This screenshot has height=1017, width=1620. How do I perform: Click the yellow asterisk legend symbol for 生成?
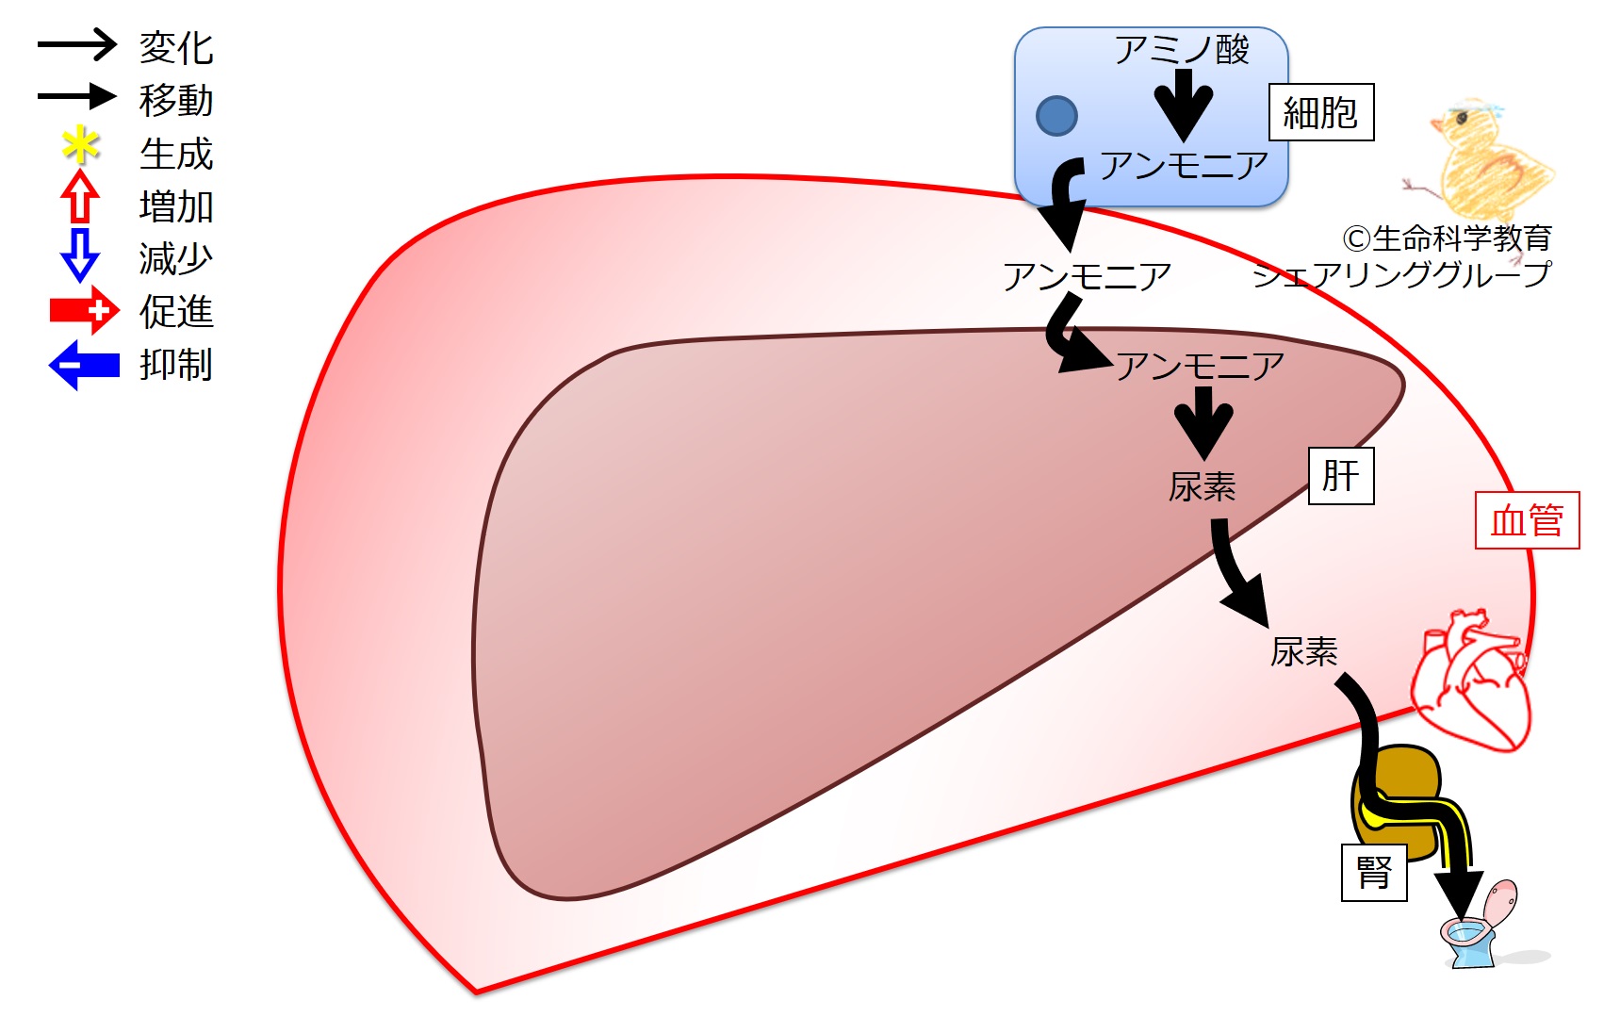[80, 147]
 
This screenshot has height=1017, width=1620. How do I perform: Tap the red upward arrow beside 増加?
[80, 197]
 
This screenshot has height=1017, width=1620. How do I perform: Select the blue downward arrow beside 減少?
[80, 254]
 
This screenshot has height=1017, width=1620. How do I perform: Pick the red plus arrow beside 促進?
[85, 311]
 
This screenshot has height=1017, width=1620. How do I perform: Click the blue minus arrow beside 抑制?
[84, 365]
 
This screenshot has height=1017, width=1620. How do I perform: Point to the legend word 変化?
[176, 48]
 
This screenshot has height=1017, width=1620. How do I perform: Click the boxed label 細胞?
[1320, 113]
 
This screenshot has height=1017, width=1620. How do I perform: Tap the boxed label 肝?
[1340, 476]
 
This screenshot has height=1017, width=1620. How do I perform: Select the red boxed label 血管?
[1526, 520]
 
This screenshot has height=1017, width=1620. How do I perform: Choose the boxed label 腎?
[1374, 873]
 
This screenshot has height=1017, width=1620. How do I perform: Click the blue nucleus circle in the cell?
[1056, 116]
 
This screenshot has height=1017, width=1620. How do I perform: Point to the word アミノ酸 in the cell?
[1182, 49]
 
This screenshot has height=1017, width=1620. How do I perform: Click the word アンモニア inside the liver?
[1200, 366]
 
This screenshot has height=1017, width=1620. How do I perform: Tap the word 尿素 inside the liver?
[1202, 487]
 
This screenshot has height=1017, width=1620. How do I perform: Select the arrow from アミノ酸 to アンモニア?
[1184, 104]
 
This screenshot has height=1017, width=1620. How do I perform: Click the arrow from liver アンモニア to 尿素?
[1203, 421]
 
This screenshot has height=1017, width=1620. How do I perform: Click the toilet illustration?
[1479, 928]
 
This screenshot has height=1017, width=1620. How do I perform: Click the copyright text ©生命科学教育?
[1446, 238]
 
